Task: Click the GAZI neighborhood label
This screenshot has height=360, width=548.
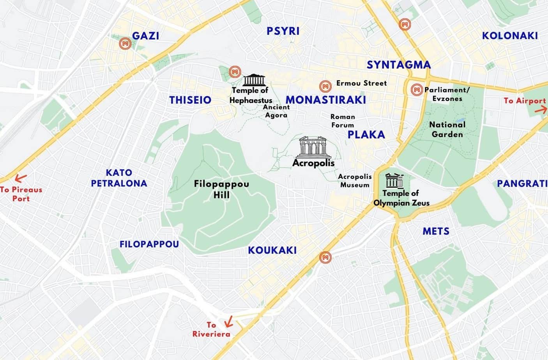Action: pyautogui.click(x=145, y=36)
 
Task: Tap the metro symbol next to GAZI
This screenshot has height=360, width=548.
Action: pyautogui.click(x=126, y=44)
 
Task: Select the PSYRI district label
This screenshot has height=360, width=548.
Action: pyautogui.click(x=283, y=31)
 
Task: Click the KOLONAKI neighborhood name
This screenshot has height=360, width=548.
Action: pyautogui.click(x=510, y=36)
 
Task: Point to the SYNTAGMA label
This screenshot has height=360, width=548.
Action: pyautogui.click(x=399, y=65)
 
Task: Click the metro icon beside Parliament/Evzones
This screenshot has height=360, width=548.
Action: pyautogui.click(x=417, y=90)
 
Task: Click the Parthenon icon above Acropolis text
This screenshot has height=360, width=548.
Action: pyautogui.click(x=313, y=146)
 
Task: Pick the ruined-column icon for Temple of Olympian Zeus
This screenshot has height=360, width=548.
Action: pyautogui.click(x=394, y=181)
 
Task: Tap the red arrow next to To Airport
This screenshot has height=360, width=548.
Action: pyautogui.click(x=540, y=110)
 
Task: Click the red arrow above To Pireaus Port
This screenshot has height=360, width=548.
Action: pyautogui.click(x=20, y=178)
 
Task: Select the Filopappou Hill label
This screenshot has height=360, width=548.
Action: pyautogui.click(x=221, y=189)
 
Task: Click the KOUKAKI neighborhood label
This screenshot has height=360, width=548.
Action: pyautogui.click(x=272, y=250)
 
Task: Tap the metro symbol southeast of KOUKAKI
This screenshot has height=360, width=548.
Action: pyautogui.click(x=325, y=257)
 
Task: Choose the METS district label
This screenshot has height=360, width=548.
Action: pyautogui.click(x=436, y=231)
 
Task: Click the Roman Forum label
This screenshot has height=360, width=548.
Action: pyautogui.click(x=343, y=121)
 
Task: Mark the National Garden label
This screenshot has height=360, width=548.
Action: pyautogui.click(x=447, y=129)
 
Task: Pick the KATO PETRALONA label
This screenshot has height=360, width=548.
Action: pyautogui.click(x=119, y=178)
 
